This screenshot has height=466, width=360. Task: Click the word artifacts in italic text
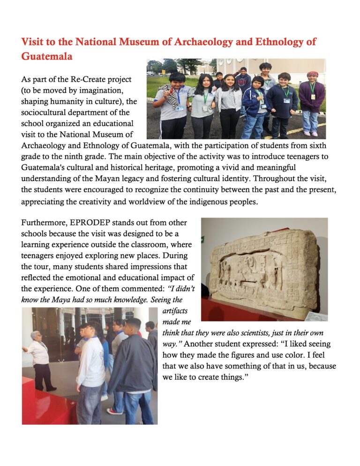(x=173, y=310)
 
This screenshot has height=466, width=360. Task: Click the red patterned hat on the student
(x=313, y=74)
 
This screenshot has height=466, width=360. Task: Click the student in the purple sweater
(x=312, y=98)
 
